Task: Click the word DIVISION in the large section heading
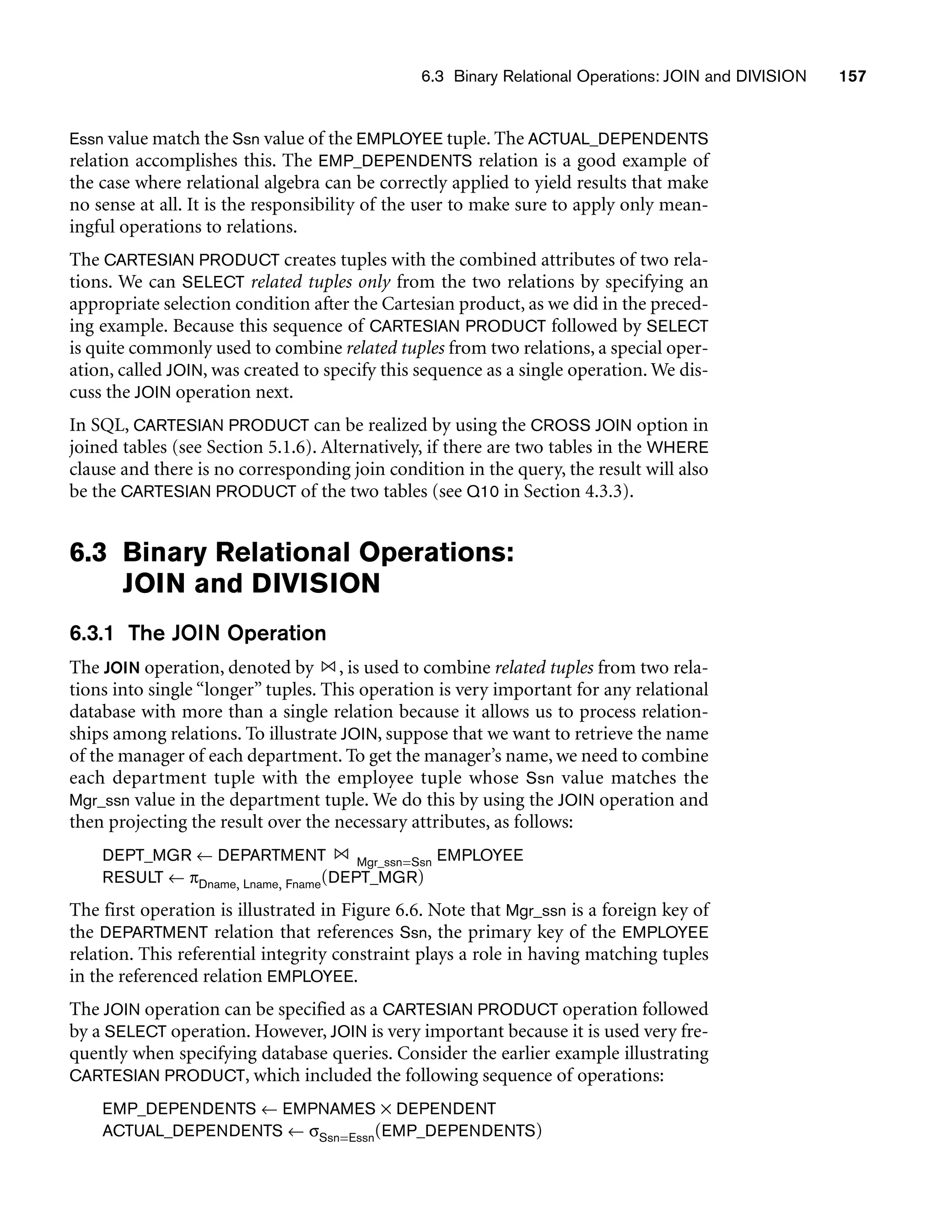(316, 584)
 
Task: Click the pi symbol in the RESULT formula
(194, 878)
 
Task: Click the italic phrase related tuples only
(320, 282)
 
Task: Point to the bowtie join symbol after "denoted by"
(328, 667)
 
